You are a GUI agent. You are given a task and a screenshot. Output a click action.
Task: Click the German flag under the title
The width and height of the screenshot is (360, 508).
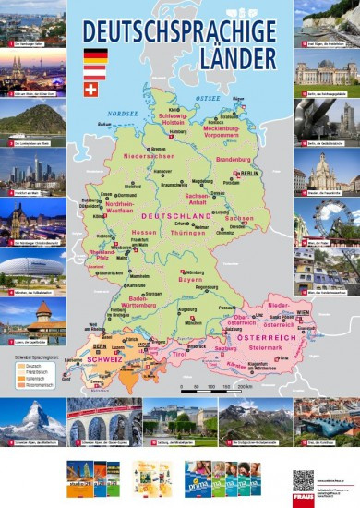[95, 56]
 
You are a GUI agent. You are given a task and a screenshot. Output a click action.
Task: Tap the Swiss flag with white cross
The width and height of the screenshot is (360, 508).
[90, 90]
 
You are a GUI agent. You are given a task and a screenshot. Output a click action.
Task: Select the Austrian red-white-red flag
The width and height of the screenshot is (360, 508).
[95, 73]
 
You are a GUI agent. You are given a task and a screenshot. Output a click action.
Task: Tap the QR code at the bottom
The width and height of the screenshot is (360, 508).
[303, 481]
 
